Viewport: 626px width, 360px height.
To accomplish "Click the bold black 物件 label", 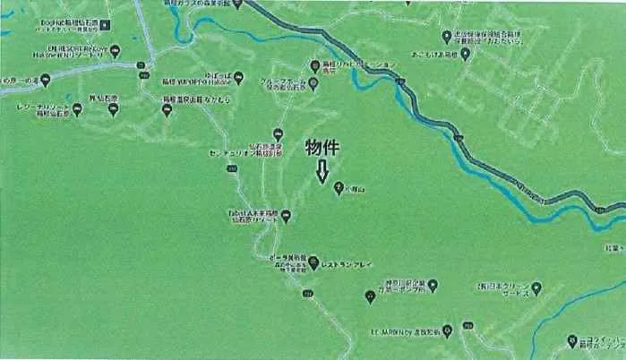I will pos(325,148).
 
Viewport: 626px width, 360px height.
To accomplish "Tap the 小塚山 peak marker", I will pos(339,187).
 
